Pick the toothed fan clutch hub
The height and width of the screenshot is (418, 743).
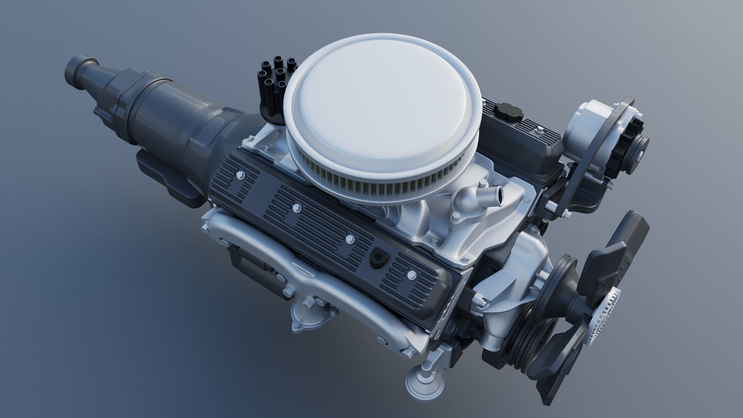pos(604,316)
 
